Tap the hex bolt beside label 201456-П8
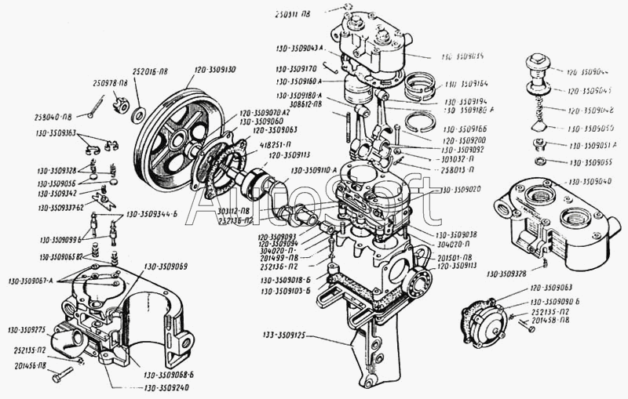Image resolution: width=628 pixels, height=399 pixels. tap(62, 378)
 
